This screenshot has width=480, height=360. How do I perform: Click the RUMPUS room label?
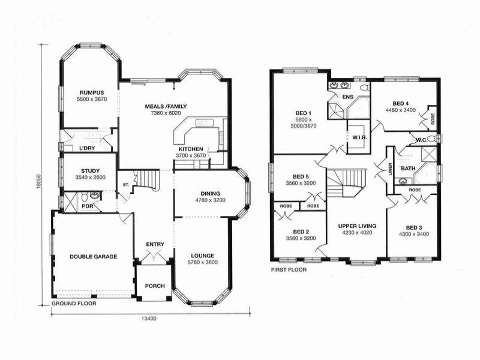(x=92, y=92)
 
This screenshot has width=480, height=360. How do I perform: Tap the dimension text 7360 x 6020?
(x=166, y=113)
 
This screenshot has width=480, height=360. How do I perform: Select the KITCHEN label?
(x=191, y=149)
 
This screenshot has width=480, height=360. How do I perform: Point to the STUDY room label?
(x=90, y=170)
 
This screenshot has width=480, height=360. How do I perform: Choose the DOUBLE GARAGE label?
(x=93, y=256)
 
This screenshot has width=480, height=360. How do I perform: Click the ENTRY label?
(x=155, y=244)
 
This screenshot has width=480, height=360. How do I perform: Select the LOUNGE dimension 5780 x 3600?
(x=202, y=262)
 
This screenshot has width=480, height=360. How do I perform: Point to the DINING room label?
(x=210, y=193)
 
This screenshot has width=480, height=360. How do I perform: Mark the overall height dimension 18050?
(x=38, y=182)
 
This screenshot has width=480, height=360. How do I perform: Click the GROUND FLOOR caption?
(x=74, y=304)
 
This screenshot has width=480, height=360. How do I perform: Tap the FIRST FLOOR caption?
(x=289, y=270)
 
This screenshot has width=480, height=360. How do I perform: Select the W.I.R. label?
(x=360, y=137)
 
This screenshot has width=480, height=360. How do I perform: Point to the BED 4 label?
(x=401, y=103)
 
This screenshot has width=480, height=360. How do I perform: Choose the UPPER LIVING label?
(x=357, y=226)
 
